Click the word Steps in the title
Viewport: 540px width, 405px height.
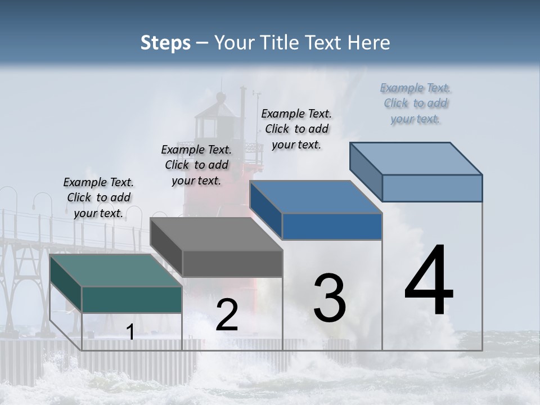(x=165, y=43)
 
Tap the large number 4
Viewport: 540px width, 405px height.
(x=429, y=281)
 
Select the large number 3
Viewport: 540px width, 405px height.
(x=330, y=298)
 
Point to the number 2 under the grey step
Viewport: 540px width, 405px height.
(x=227, y=315)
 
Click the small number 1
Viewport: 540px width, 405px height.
(x=130, y=332)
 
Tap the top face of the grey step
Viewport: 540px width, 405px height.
(x=216, y=234)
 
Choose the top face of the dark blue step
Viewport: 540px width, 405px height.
(x=316, y=197)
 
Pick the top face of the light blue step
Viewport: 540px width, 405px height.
(x=416, y=159)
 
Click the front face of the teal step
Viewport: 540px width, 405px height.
(x=132, y=299)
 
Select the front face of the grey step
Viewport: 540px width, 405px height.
(x=232, y=263)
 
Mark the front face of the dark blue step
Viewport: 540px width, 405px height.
(x=332, y=227)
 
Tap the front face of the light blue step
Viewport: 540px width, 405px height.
(x=432, y=188)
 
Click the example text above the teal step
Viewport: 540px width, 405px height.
(x=98, y=197)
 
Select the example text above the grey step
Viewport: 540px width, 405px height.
(x=196, y=165)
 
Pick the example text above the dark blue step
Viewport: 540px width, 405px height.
(x=296, y=129)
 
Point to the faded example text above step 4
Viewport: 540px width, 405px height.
(x=416, y=103)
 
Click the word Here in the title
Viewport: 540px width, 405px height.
(x=372, y=43)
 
